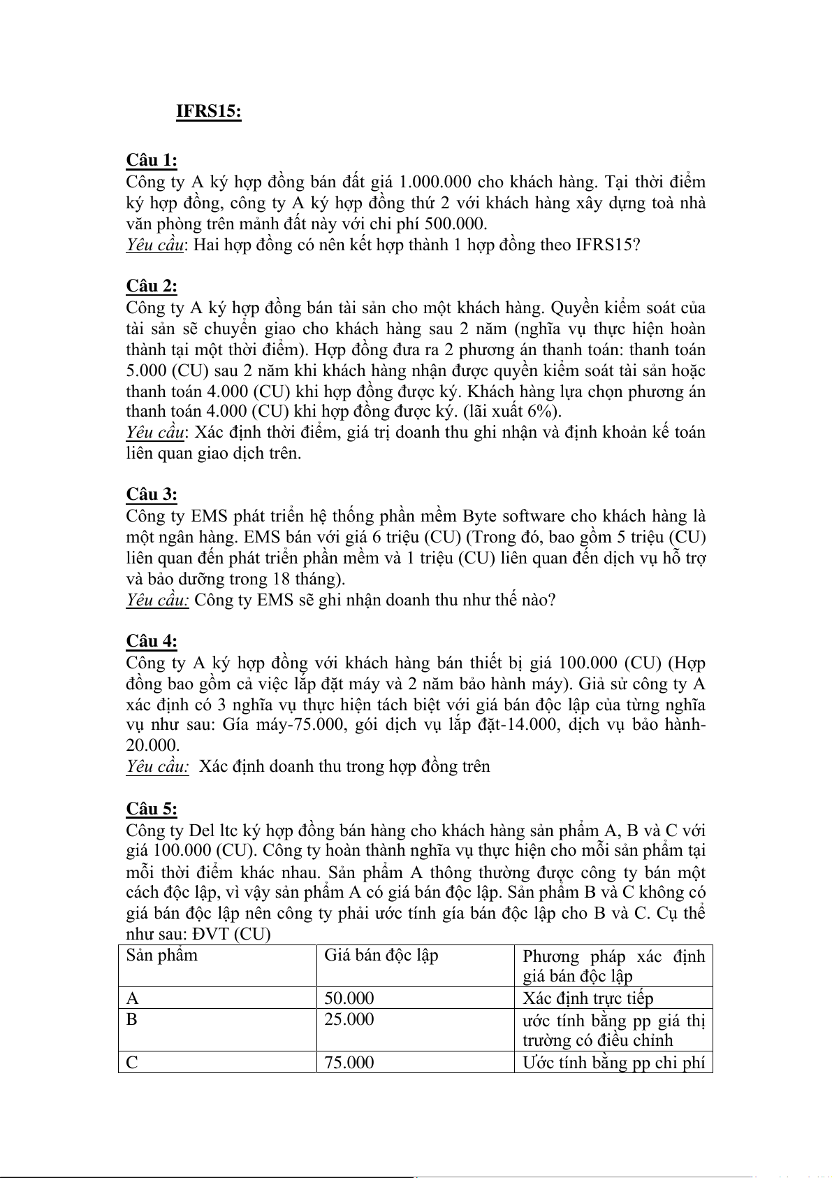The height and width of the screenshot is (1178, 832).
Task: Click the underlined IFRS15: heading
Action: point(208,112)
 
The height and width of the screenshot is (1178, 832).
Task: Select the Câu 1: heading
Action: point(152,161)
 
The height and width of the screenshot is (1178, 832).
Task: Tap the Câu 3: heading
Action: point(152,495)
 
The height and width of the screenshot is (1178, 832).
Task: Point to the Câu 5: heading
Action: point(152,809)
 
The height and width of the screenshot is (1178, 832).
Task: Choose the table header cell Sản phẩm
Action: point(161,956)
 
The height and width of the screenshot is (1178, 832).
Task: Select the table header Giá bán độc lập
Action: point(381,956)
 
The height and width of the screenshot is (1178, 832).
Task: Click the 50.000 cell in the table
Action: point(349,998)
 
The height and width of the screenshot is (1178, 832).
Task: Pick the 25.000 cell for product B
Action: point(349,1019)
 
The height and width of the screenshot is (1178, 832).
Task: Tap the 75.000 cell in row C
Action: point(349,1063)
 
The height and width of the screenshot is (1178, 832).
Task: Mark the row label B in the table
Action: point(132,1019)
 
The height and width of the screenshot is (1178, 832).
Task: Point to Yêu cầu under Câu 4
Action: point(157,767)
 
